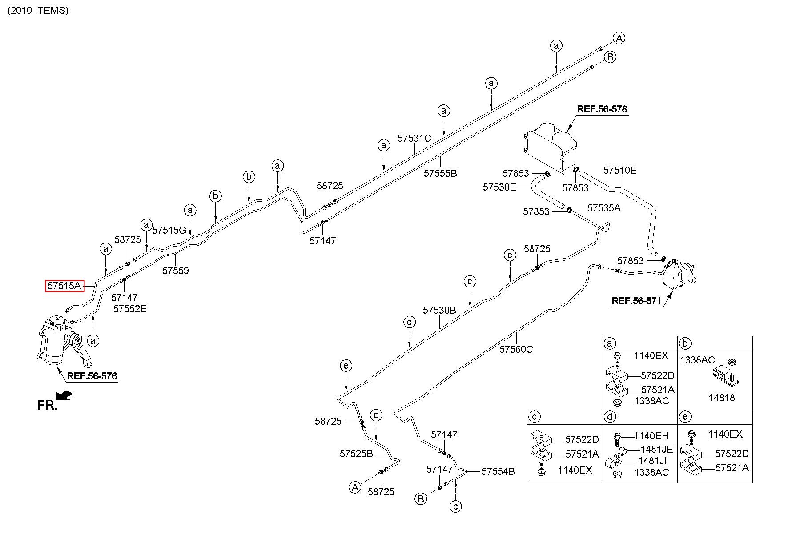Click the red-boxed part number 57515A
(64, 286)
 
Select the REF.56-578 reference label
(602, 109)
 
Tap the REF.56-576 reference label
(92, 376)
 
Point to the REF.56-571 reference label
(636, 301)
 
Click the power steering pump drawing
(678, 276)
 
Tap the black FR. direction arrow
(65, 395)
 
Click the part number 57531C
(414, 138)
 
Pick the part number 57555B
(440, 173)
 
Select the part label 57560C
(516, 349)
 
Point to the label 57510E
(620, 170)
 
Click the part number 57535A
(604, 208)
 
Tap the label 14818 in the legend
(722, 398)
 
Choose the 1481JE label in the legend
(657, 449)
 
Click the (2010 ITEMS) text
(38, 11)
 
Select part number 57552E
(130, 309)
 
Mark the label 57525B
(356, 454)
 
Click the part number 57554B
(498, 471)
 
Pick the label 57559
(175, 271)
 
